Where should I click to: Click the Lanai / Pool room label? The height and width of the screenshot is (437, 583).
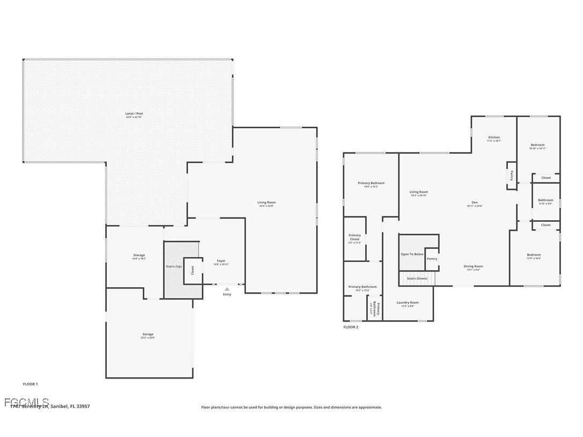pos(134,114)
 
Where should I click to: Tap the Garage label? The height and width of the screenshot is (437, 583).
pos(148,334)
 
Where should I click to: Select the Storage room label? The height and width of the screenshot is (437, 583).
pos(139,255)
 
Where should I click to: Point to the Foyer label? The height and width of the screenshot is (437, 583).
pos(221,261)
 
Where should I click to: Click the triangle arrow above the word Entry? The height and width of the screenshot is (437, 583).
pos(227,289)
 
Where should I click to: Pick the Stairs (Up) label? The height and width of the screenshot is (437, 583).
pos(173,266)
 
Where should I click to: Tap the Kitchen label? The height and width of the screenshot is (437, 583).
pos(494,137)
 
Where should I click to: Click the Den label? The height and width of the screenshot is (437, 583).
pos(475,202)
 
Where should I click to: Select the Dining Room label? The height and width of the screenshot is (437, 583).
pos(473,266)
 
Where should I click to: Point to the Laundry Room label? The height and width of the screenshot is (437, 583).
pos(407,303)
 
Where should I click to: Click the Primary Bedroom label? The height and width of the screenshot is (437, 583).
pos(371,183)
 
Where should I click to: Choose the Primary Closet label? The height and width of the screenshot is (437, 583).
pos(354,237)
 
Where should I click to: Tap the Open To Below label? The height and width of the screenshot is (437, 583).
pos(412,254)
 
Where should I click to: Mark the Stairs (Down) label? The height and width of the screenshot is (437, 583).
pos(417,279)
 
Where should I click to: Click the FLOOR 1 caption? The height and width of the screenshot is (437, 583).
pos(30,384)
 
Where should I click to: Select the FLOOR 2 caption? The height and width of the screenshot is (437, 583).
pos(351,327)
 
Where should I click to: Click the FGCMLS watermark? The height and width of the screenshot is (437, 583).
pos(26,402)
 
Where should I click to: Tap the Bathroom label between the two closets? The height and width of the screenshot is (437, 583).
pos(545,200)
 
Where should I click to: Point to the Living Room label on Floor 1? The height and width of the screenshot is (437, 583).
pos(266,202)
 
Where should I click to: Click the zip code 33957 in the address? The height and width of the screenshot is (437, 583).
pos(83,406)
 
